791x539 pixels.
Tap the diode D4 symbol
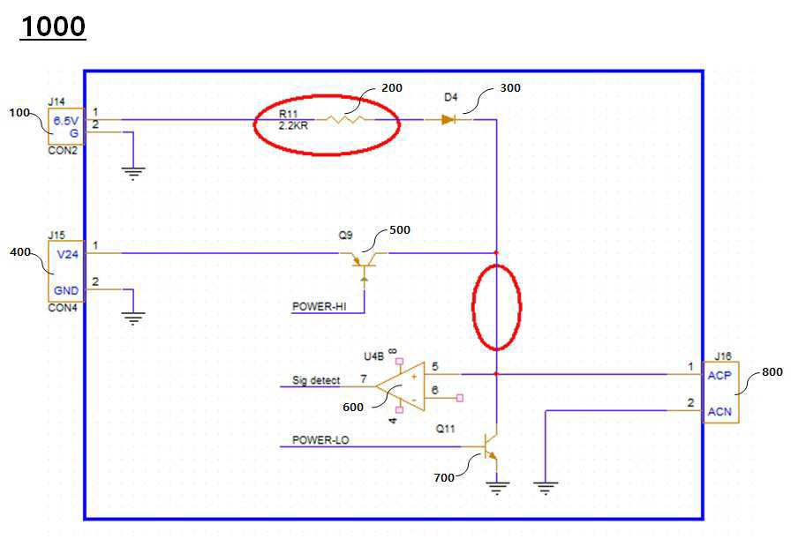pyautogui.click(x=448, y=119)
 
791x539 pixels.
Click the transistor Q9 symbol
pyautogui.click(x=363, y=260)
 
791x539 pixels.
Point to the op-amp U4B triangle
pyautogui.click(x=400, y=386)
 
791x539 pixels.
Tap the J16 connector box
pyautogui.click(x=719, y=392)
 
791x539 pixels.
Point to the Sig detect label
pyautogui.click(x=316, y=380)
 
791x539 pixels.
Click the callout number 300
pyautogui.click(x=510, y=88)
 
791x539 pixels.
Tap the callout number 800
pyautogui.click(x=772, y=372)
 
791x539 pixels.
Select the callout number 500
pyautogui.click(x=400, y=230)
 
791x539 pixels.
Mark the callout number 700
pyautogui.click(x=444, y=477)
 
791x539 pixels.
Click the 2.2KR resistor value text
pyautogui.click(x=292, y=125)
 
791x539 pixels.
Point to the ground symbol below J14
pyautogui.click(x=133, y=172)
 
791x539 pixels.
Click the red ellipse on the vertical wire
pyautogui.click(x=496, y=307)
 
